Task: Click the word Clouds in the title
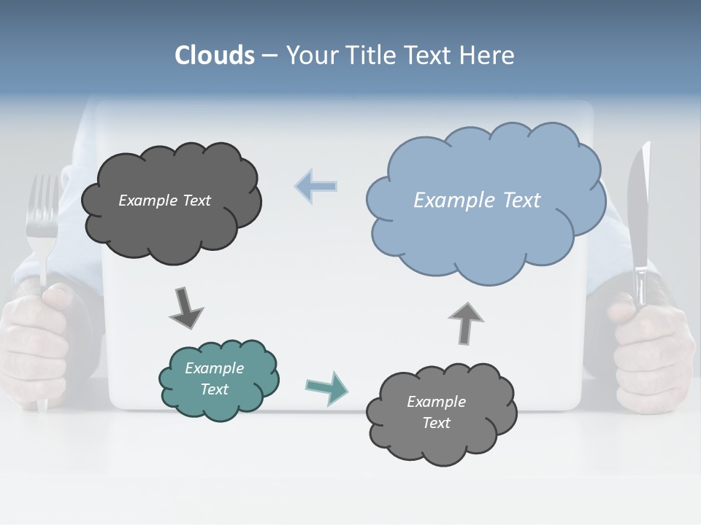point(215,55)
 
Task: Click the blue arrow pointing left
point(316,187)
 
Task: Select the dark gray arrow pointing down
point(185,307)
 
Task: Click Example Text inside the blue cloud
point(477,201)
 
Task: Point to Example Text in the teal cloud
point(215,378)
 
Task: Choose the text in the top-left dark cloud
point(164,201)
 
